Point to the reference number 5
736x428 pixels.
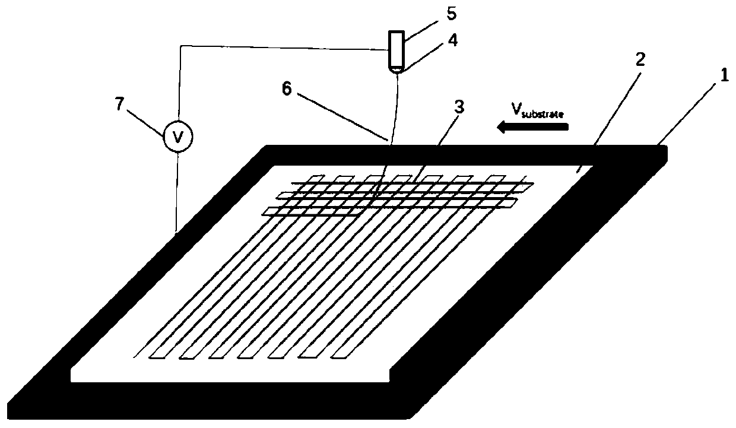(x=439, y=12)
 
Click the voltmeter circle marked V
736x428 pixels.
(x=177, y=137)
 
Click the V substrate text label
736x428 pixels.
(x=539, y=111)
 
